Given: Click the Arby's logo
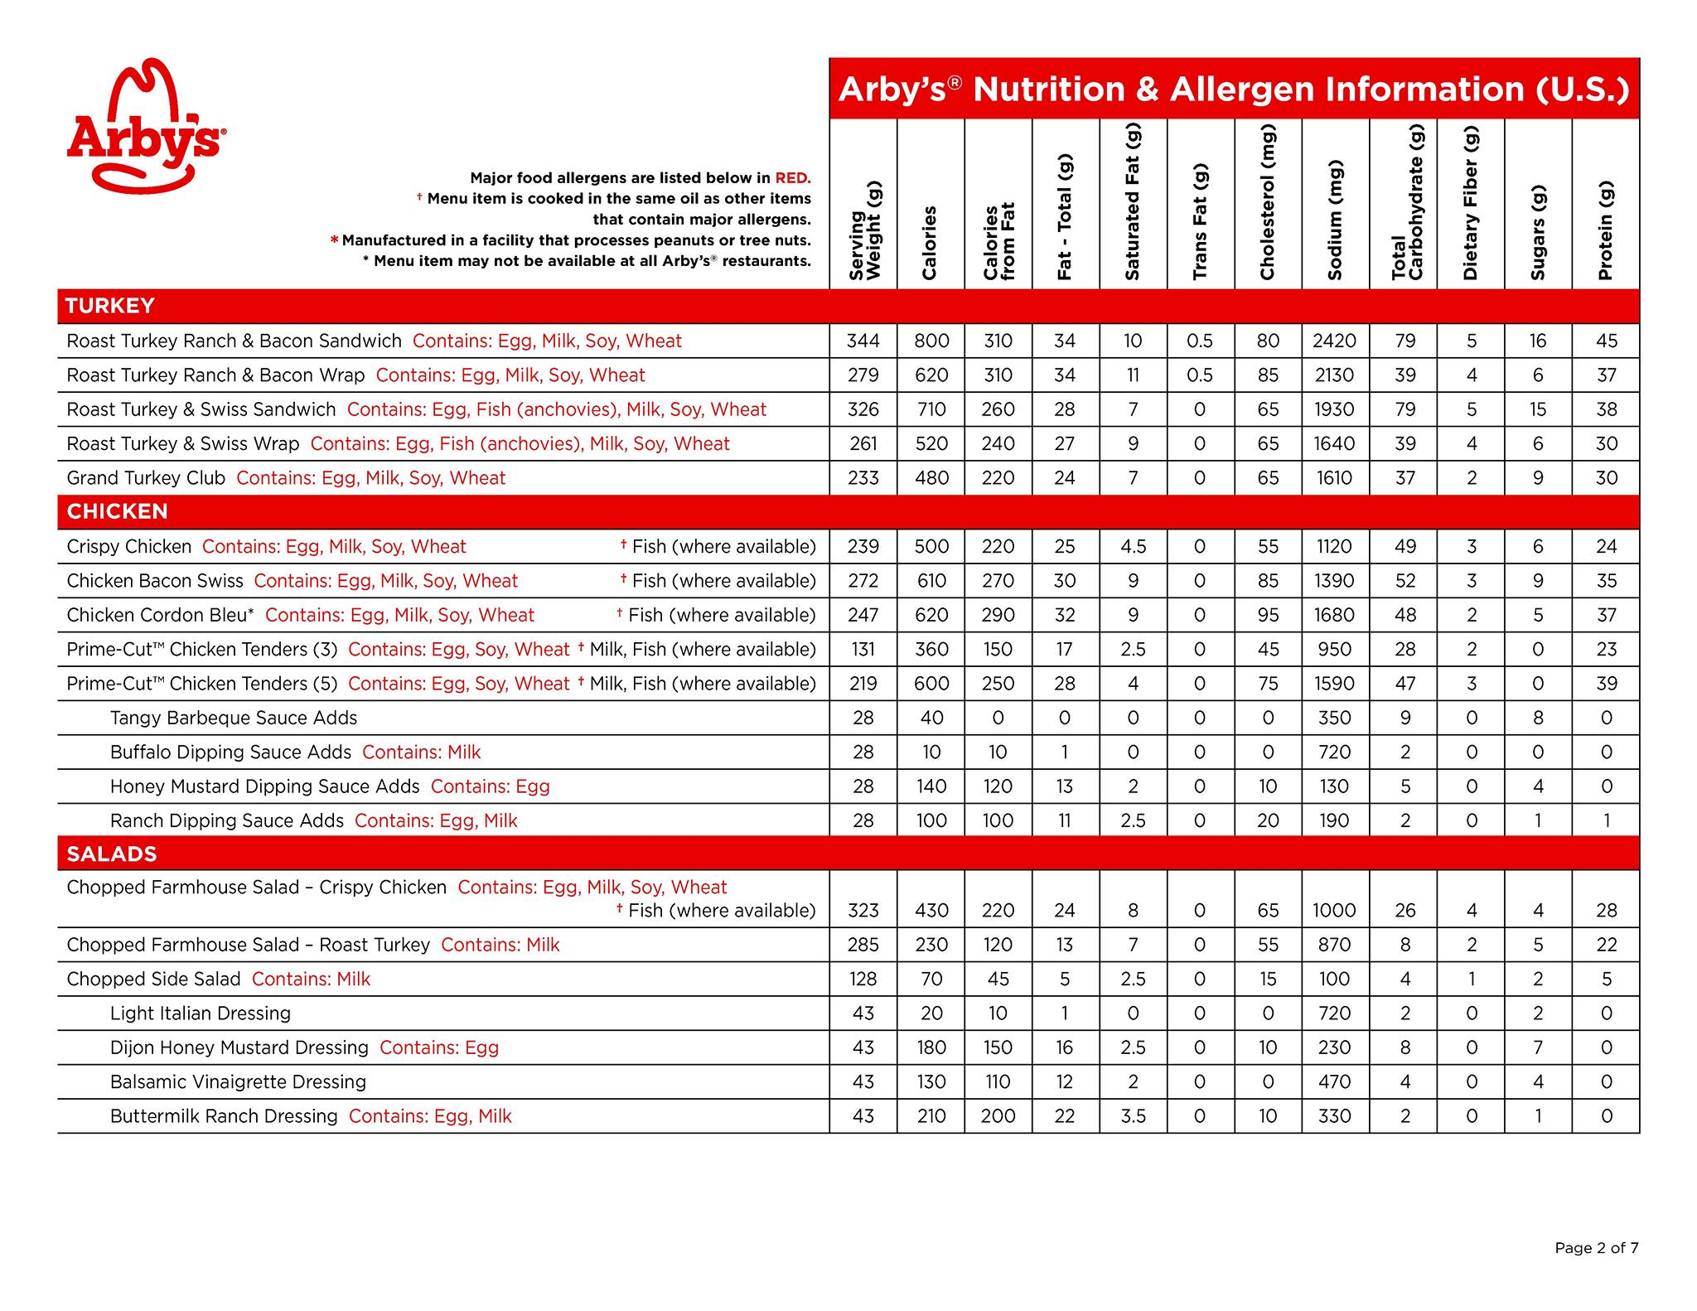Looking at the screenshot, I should pyautogui.click(x=144, y=126).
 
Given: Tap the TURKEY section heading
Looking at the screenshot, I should pyautogui.click(x=110, y=306).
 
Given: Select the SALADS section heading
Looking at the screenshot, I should pyautogui.click(x=112, y=854).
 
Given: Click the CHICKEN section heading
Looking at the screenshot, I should pyautogui.click(x=117, y=511).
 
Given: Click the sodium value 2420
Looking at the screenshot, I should pyautogui.click(x=1334, y=341).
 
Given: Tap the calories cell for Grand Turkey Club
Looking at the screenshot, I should pyautogui.click(x=931, y=478).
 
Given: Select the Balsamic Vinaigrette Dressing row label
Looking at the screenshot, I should pyautogui.click(x=238, y=1081).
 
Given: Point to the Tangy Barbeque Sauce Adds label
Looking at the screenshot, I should pyautogui.click(x=234, y=718).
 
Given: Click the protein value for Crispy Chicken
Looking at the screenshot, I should pyautogui.click(x=1606, y=547).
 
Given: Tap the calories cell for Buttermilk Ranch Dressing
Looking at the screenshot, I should pyautogui.click(x=931, y=1116).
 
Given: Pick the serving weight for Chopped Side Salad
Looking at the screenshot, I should pyautogui.click(x=863, y=979).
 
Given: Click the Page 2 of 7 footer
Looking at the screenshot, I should pyautogui.click(x=1596, y=1247).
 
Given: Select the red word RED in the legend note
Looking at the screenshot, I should pyautogui.click(x=792, y=177).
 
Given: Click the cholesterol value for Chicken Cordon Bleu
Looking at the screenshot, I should pyautogui.click(x=1267, y=615).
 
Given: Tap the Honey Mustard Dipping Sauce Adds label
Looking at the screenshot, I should pyautogui.click(x=264, y=786).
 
